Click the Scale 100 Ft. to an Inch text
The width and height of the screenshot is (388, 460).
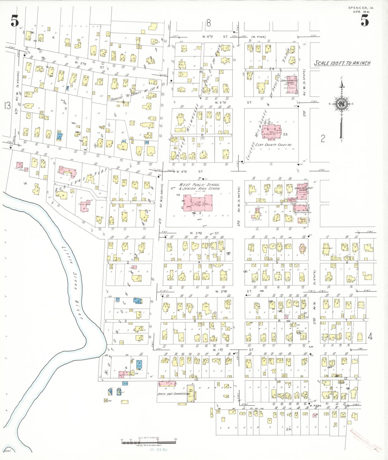pyautogui.click(x=342, y=63)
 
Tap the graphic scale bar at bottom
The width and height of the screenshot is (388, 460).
pyautogui.click(x=148, y=442)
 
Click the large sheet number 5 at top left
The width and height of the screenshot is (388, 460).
pyautogui.click(x=15, y=21)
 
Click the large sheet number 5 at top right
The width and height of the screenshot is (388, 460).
pyautogui.click(x=364, y=20)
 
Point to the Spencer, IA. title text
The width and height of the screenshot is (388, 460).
pyautogui.click(x=361, y=8)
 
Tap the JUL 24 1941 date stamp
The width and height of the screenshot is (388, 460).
pyautogui.click(x=158, y=450)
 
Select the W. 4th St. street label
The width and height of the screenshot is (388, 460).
pyautogui.click(x=189, y=171)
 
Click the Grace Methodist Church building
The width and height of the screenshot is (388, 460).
pyautogui.click(x=302, y=191)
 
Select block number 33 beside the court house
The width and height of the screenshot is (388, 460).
pyautogui.click(x=285, y=134)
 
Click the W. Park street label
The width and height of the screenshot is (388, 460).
pyautogui.click(x=316, y=406)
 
